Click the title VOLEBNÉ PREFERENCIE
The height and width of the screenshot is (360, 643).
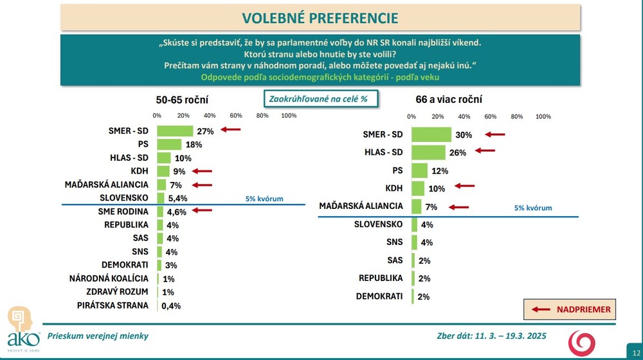(x=320, y=17)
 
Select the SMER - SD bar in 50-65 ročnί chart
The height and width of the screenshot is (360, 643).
(x=175, y=130)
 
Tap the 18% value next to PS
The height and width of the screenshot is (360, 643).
(x=194, y=145)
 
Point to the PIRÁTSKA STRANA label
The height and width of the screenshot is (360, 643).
(x=113, y=305)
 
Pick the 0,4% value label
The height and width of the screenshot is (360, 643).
(x=171, y=306)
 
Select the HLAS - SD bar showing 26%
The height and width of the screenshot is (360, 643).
(x=428, y=152)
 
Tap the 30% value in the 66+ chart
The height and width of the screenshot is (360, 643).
(x=464, y=135)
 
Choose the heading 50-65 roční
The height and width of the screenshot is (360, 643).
(x=182, y=100)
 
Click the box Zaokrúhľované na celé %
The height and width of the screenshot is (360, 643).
(x=320, y=100)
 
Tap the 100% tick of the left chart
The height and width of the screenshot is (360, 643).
(x=289, y=116)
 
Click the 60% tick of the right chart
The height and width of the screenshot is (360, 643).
(x=490, y=117)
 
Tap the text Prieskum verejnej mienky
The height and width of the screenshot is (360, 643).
(x=98, y=336)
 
